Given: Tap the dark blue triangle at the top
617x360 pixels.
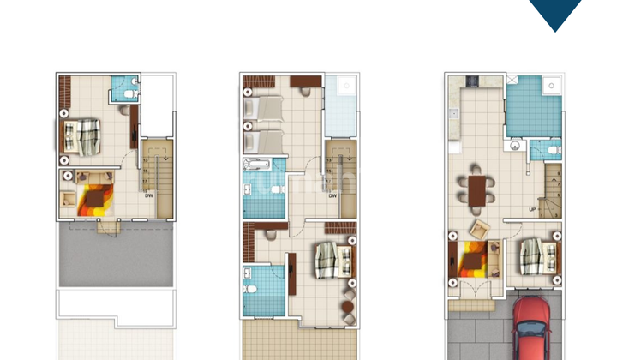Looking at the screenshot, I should [555, 13].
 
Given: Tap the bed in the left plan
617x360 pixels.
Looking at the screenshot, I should [82, 135].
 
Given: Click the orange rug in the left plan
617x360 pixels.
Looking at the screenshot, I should [92, 200].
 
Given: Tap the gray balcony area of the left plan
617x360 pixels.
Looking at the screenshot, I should [116, 257].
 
